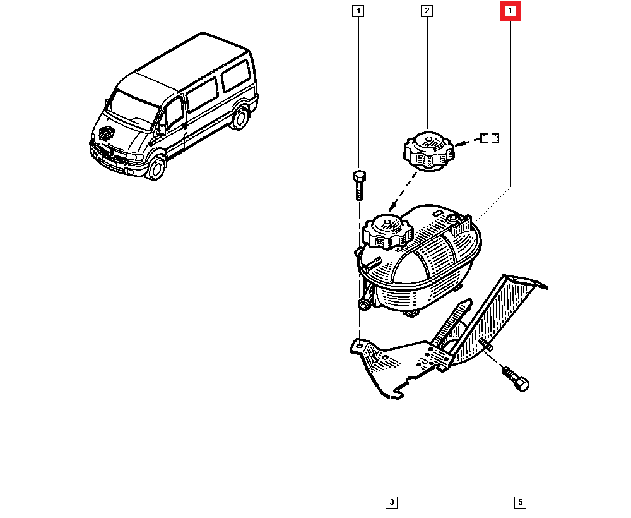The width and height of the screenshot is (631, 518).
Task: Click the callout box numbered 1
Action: pyautogui.click(x=510, y=11)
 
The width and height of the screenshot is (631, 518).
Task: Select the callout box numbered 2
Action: pyautogui.click(x=427, y=11)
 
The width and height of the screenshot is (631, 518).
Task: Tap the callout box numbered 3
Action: pyautogui.click(x=392, y=502)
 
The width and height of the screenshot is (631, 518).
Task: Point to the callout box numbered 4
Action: pyautogui.click(x=358, y=11)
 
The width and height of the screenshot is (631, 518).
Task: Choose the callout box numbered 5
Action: pyautogui.click(x=521, y=502)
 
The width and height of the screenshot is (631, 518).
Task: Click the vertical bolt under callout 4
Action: pyautogui.click(x=360, y=185)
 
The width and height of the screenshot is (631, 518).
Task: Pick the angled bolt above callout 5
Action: pyautogui.click(x=515, y=378)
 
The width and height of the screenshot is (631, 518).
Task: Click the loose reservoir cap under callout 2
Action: pyautogui.click(x=428, y=151)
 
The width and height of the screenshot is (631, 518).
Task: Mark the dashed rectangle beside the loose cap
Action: pyautogui.click(x=490, y=138)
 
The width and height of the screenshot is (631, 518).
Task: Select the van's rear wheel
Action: pyautogui.click(x=240, y=118)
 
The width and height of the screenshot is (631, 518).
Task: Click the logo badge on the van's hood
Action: pyautogui.click(x=107, y=133)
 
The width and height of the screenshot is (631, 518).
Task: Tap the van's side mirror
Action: pyautogui.click(x=161, y=129)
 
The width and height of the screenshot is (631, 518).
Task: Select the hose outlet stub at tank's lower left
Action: pyautogui.click(x=364, y=304)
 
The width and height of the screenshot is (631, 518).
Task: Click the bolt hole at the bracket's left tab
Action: pyautogui.click(x=358, y=345)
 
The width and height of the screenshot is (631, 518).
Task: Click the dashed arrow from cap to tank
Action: pyautogui.click(x=403, y=191)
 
